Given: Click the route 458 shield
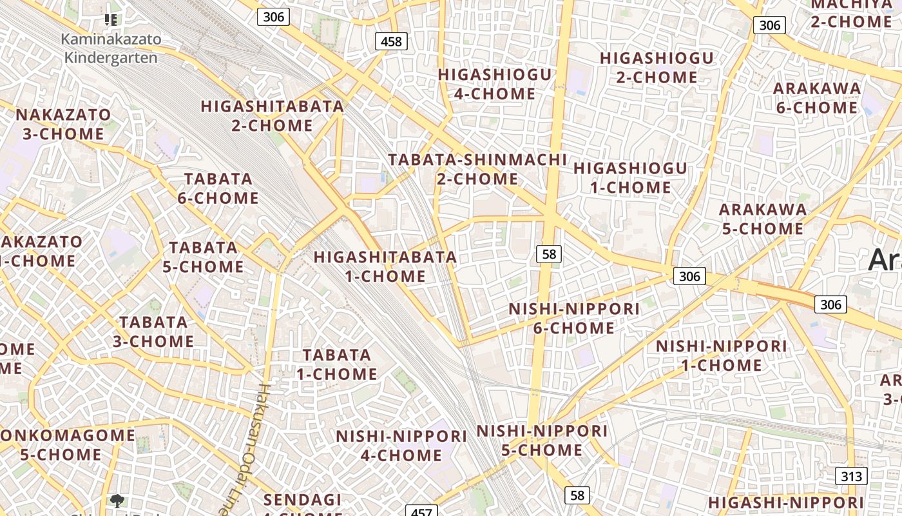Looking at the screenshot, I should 391,42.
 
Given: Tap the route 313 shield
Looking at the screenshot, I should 851,477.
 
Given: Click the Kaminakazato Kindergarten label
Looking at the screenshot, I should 111,48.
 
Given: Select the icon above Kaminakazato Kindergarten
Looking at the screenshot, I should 111,20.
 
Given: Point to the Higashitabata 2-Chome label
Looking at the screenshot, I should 272,115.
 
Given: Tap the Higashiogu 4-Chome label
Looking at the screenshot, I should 495,84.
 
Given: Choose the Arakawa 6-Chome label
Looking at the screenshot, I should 817,98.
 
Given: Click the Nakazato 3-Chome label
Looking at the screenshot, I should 63,124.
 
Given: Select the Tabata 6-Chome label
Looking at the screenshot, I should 218,188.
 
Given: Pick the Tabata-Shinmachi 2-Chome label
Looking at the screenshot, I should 477,169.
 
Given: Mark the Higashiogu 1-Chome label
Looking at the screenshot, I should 631,178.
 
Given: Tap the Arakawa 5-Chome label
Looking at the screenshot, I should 762,219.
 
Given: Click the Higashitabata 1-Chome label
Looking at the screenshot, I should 385,266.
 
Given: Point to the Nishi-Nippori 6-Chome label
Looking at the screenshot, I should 574,318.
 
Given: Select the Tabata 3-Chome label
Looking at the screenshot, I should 153,332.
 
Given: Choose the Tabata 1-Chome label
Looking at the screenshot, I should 337,364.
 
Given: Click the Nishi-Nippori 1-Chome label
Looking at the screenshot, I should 722,355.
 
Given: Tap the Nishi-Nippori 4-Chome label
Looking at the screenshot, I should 401,446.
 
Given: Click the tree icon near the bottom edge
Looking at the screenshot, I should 117,500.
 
